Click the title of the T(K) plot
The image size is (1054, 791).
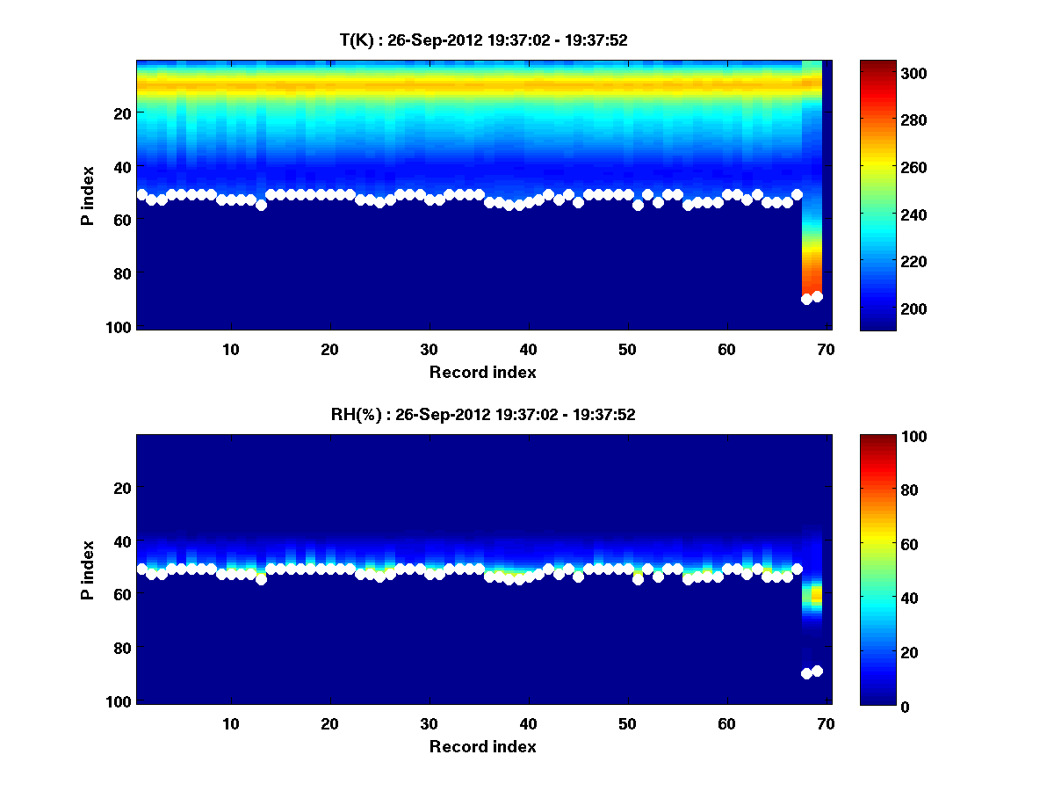482,40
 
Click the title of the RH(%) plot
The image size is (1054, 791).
482,415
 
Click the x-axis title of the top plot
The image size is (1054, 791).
482,372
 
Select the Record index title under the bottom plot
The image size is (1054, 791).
482,746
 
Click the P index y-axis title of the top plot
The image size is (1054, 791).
88,195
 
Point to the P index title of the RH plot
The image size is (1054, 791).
88,570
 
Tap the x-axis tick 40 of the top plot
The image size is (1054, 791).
528,348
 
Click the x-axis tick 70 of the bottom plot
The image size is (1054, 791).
826,722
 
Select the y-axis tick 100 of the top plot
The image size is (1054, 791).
119,327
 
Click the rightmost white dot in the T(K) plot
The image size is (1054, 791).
817,296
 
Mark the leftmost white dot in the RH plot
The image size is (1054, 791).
142,569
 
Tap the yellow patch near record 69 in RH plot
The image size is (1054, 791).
816,597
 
